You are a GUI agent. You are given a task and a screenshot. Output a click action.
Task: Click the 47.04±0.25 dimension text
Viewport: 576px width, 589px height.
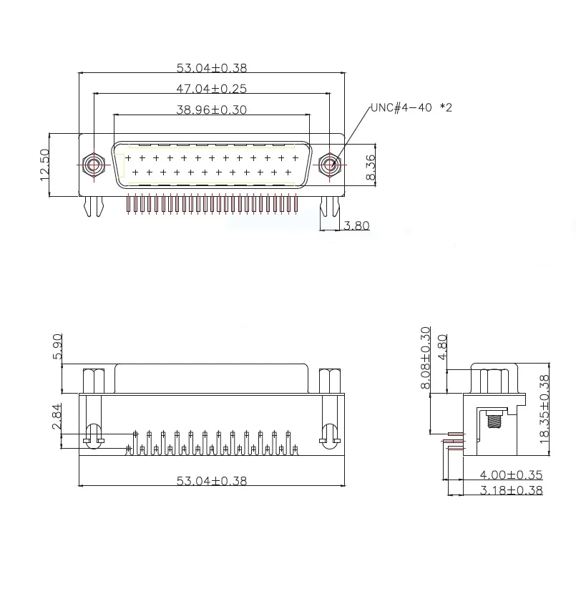coord(211,89)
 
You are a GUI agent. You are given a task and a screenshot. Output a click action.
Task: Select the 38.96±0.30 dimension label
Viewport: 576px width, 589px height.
coord(211,110)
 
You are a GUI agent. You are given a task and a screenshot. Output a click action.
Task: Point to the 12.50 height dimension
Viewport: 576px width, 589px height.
coord(45,164)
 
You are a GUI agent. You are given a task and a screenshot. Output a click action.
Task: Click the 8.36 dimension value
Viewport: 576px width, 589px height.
coord(370,166)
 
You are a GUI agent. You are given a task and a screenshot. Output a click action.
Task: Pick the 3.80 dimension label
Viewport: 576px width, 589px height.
coord(357,225)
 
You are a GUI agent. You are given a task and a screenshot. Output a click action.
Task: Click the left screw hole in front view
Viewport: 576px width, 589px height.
coord(93,164)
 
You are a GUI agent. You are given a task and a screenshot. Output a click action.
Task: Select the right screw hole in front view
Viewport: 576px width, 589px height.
coord(329,164)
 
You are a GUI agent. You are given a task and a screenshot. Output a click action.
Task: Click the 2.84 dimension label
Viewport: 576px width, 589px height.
coord(57,417)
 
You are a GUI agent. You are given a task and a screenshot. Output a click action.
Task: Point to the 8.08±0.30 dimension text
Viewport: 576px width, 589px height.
coord(426,358)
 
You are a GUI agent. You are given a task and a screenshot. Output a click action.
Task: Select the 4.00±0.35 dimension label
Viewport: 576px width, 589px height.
coord(511,474)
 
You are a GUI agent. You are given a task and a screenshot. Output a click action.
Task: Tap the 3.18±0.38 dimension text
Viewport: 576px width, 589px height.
coord(511,490)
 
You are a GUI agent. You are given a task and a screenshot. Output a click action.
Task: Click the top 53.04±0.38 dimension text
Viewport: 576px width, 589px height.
coord(211,68)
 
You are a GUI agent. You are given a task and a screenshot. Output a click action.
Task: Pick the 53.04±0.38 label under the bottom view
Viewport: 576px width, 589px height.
coord(211,481)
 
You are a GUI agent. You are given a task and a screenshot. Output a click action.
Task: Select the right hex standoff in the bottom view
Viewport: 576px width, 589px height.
coord(330,380)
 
